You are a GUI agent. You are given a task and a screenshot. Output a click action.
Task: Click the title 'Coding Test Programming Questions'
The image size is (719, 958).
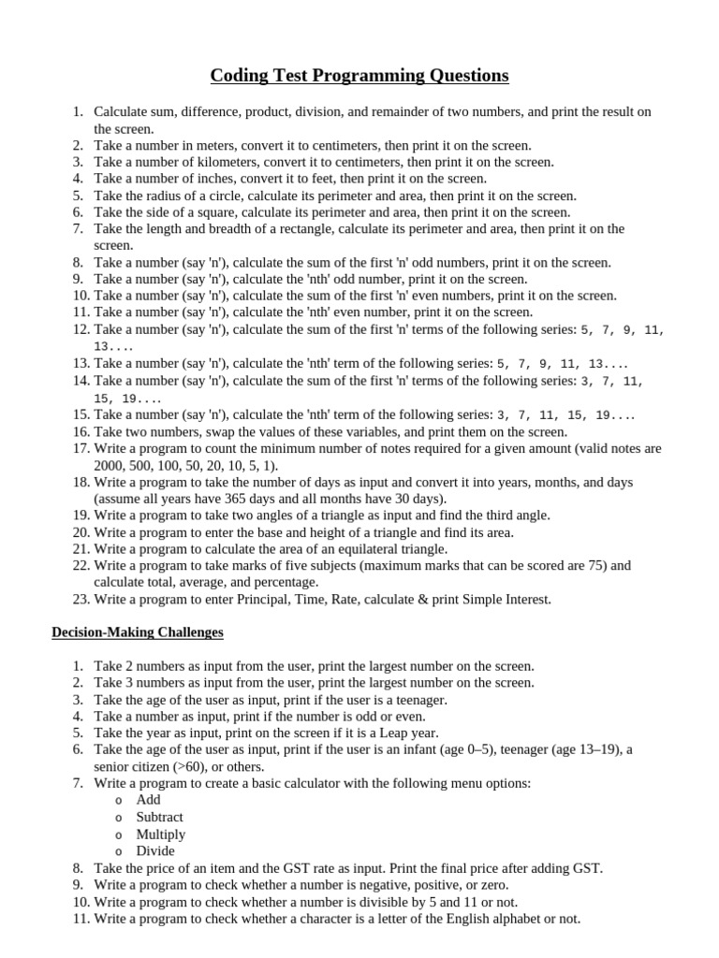coord(359,75)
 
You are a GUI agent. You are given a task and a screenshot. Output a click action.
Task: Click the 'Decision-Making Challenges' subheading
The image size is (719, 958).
coord(138,632)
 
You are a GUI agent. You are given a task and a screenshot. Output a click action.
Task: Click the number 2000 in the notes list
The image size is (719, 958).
coord(109,466)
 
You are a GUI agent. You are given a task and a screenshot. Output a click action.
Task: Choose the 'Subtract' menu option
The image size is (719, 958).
coord(159,817)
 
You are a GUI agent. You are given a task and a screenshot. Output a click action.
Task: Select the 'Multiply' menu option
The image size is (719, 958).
coord(161,834)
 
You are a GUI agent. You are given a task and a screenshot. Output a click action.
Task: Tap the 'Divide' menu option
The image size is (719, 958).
coord(155,850)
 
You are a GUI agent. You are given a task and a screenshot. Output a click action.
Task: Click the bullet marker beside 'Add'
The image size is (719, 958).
coord(118,801)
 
